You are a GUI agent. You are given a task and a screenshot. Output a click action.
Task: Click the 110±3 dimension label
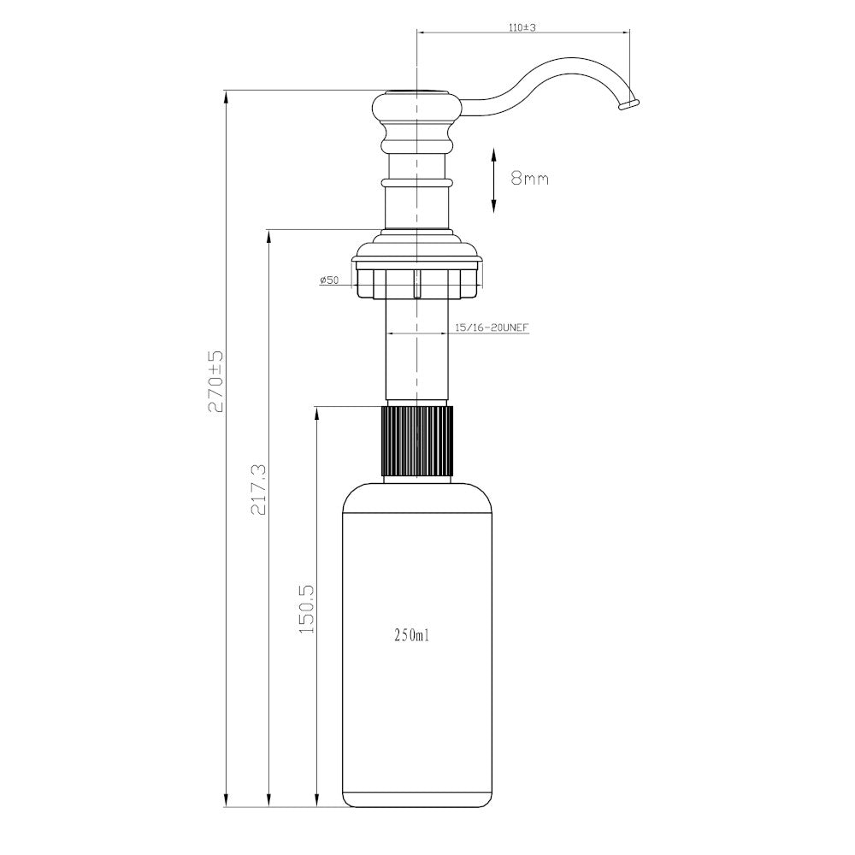(x=522, y=27)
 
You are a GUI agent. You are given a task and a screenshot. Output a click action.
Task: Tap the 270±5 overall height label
(x=216, y=380)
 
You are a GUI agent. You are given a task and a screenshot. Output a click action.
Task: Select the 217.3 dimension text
(x=258, y=490)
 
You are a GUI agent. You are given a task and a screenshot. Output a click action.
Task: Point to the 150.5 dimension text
(x=307, y=609)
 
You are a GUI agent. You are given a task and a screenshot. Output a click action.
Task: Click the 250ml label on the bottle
(x=412, y=635)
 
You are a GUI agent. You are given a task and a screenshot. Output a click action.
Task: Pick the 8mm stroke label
(x=529, y=179)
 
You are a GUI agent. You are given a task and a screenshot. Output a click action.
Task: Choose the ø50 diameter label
(x=330, y=280)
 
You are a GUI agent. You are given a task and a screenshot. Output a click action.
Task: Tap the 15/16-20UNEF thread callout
(x=492, y=327)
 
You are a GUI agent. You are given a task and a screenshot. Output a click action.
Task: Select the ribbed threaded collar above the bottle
(x=417, y=441)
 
